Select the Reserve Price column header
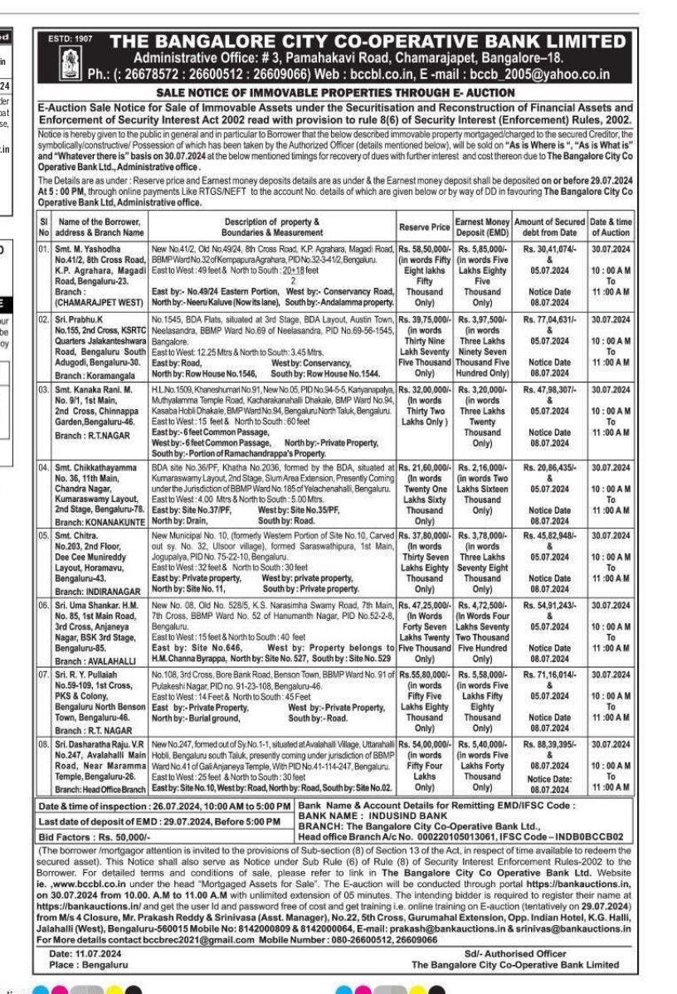tap(424, 227)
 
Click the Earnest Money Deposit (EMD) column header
tap(482, 227)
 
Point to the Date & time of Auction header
tap(611, 227)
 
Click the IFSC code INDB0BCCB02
tap(579, 837)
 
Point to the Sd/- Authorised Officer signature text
tap(514, 953)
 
